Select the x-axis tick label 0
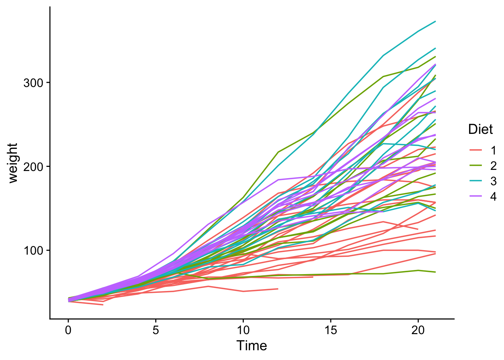point(68,330)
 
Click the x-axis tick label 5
point(156,330)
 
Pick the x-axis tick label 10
point(243,330)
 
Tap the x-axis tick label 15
point(330,330)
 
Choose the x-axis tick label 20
point(418,330)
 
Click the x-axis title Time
point(252,346)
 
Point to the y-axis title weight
point(13,163)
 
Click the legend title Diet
point(480,129)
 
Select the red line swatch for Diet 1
point(475,151)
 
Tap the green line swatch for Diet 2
point(475,166)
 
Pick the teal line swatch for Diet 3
point(475,181)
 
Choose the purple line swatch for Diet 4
point(475,196)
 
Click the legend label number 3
point(493,181)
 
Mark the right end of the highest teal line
point(435,21)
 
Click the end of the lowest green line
point(435,272)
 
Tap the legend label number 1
point(493,151)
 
